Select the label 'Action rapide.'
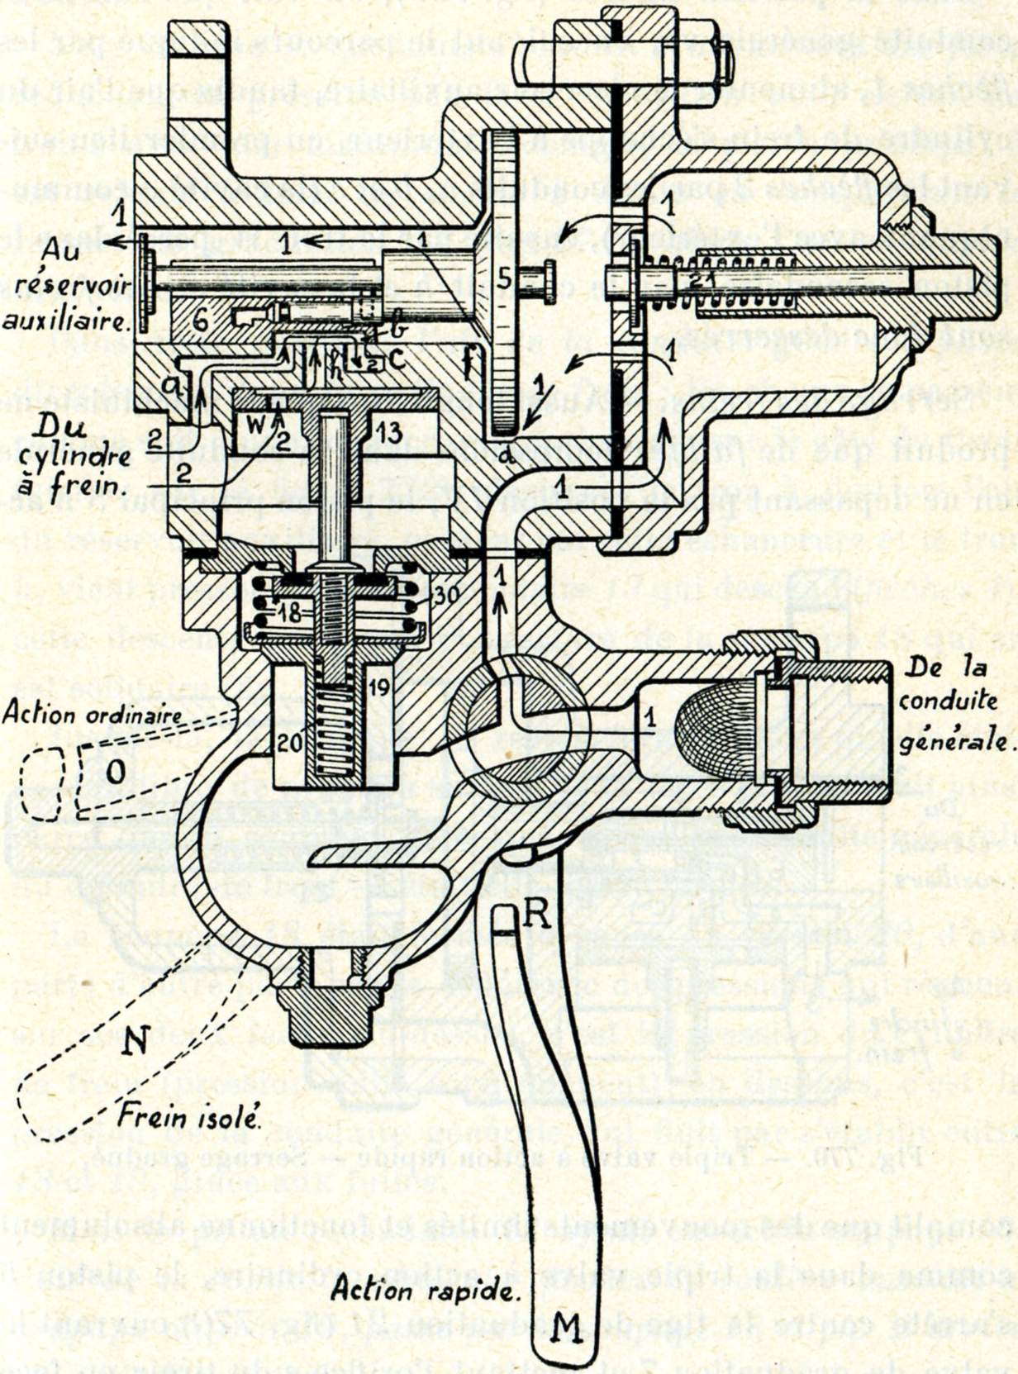pos(422,1289)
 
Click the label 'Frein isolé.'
pos(188,1117)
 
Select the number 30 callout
pos(446,596)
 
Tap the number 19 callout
pos(378,685)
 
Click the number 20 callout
pos(289,743)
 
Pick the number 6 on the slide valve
pos(200,321)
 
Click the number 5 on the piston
pos(505,278)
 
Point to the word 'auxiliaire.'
pos(66,319)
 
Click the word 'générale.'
pos(956,739)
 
